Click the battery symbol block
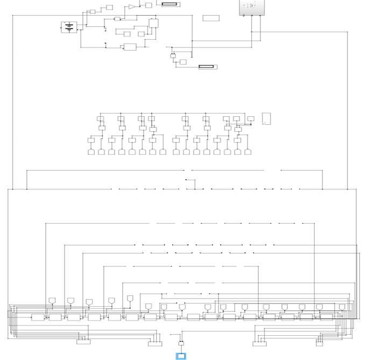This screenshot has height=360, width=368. point(69,27)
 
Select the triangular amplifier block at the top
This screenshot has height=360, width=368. point(131,7)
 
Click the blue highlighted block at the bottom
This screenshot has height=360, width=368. point(181,356)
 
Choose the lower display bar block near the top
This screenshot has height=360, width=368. point(207,67)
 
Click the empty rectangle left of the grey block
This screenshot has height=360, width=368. point(211,18)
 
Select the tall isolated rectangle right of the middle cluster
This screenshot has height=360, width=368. point(266,118)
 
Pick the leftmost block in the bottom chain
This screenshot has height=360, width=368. point(38,317)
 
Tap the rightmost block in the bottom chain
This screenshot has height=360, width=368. point(326,316)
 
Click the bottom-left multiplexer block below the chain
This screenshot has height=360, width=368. point(83,341)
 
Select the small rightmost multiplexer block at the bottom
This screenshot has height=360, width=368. point(319,342)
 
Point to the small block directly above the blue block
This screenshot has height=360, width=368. point(181,343)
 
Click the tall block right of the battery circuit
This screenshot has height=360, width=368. point(153,23)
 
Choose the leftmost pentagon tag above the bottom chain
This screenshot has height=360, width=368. point(52,300)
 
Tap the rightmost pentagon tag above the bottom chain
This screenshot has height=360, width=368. point(342,307)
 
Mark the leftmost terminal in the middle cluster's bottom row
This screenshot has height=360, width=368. point(91,152)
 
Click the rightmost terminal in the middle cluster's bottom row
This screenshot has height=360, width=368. point(247,152)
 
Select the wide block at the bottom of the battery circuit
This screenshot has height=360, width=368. point(130,47)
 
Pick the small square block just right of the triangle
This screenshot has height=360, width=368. point(148,5)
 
